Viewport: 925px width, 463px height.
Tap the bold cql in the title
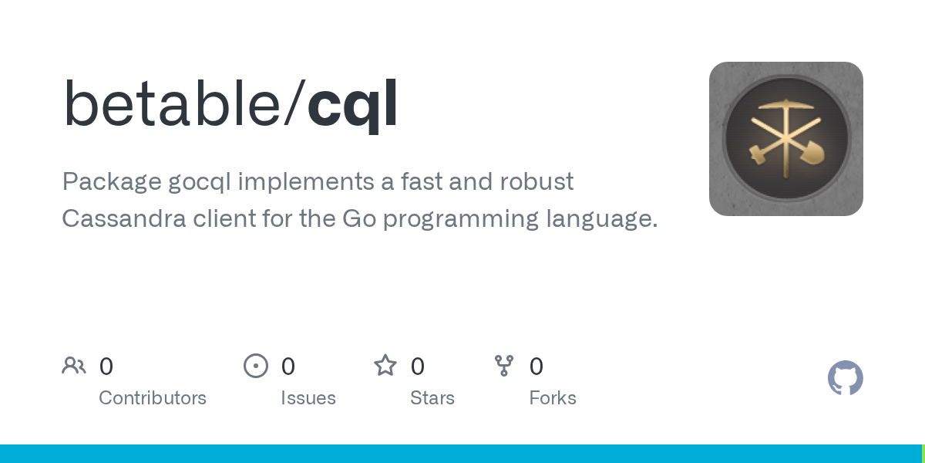[352, 106]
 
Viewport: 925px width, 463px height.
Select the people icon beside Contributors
[74, 366]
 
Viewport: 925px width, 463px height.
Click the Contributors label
[153, 398]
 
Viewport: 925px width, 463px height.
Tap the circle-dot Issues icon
[256, 366]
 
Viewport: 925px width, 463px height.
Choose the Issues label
[308, 398]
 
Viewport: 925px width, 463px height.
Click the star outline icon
[385, 366]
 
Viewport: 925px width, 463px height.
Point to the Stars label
[432, 398]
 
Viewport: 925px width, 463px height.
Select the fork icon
[504, 366]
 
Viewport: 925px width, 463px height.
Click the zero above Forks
[536, 367]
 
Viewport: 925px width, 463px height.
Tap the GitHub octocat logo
[845, 378]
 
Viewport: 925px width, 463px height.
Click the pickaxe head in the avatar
[785, 106]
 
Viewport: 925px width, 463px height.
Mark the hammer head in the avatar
[756, 155]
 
